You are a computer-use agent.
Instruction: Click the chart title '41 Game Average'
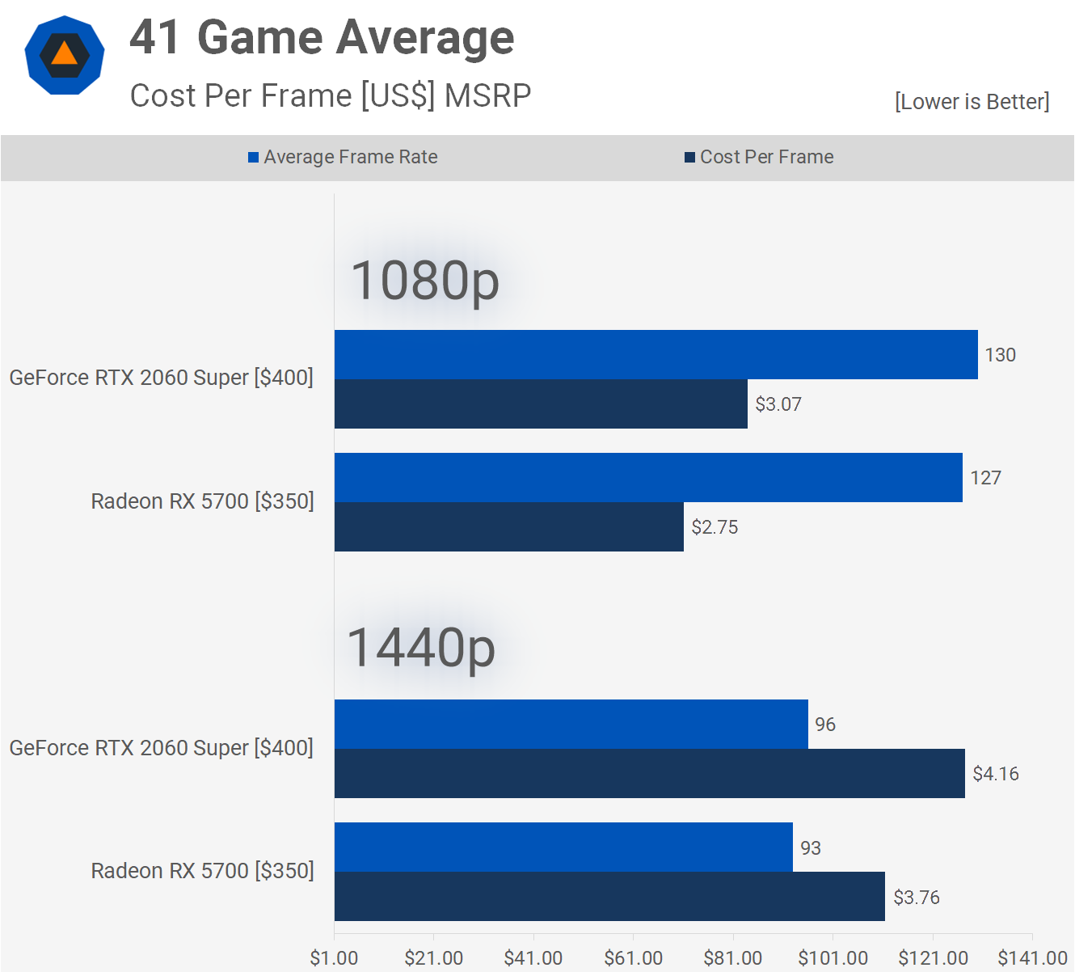click(322, 38)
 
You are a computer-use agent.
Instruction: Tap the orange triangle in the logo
click(65, 54)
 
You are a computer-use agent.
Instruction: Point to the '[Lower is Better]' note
click(972, 102)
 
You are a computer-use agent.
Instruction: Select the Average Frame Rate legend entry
click(343, 157)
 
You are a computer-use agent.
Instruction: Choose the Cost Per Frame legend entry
click(759, 157)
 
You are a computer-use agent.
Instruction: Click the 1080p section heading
click(425, 281)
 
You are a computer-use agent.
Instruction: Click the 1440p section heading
click(421, 648)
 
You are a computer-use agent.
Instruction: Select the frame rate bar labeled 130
click(656, 354)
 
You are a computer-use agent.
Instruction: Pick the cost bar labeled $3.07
click(541, 404)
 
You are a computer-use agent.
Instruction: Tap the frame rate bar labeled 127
click(648, 477)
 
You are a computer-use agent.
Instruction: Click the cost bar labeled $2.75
click(509, 527)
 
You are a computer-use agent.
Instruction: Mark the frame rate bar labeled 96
click(571, 724)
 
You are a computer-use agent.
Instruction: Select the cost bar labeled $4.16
click(650, 774)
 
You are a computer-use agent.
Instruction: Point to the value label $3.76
click(917, 898)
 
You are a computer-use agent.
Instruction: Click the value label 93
click(811, 847)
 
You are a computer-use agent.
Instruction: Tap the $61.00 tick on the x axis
click(634, 958)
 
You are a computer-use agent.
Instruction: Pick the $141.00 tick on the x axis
click(1032, 958)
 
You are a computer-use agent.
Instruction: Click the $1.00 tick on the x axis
click(335, 958)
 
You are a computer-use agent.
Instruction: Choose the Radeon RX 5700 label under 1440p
click(202, 871)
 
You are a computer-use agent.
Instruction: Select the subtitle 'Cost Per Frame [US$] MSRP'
click(331, 95)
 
